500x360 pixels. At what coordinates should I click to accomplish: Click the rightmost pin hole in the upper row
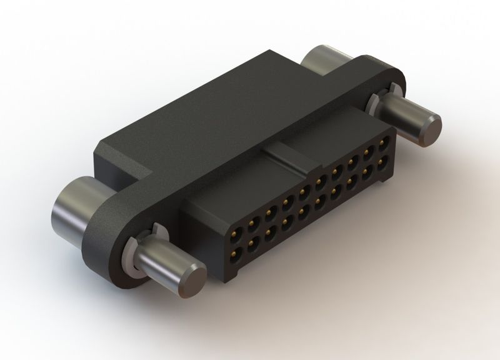381,151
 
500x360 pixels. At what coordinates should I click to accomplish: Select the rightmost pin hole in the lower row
382,166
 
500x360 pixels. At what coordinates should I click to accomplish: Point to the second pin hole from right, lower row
367,174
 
